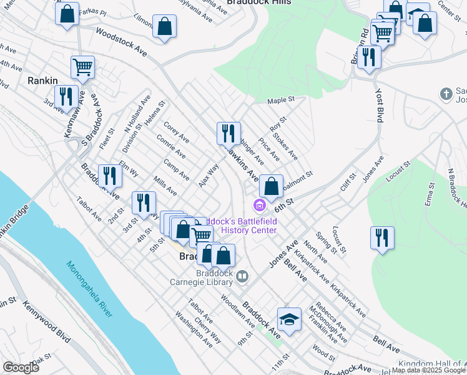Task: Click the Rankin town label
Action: coord(43,81)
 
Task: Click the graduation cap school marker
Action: coord(289,320)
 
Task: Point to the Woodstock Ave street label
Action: coord(121,41)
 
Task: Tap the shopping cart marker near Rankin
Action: coord(82,67)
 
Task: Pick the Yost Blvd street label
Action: coord(379,106)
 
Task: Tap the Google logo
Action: coord(21,367)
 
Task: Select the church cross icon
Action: coord(446,94)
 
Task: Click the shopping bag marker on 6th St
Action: coord(271,186)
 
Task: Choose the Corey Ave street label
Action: coord(175,132)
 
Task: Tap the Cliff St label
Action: coord(348,181)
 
